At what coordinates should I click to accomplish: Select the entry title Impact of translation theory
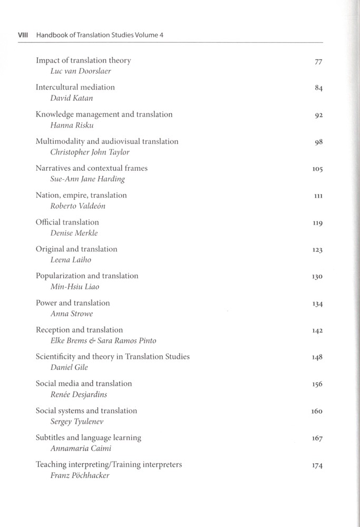(x=83, y=61)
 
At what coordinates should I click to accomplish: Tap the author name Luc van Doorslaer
(x=81, y=71)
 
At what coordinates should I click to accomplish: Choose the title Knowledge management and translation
(x=104, y=114)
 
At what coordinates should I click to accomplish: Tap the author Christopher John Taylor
(x=90, y=152)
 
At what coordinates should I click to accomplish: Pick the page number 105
(x=317, y=169)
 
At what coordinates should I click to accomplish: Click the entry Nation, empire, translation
(x=81, y=195)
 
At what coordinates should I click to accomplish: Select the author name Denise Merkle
(x=74, y=232)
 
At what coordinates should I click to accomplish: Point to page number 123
(x=317, y=250)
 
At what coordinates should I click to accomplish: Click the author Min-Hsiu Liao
(x=74, y=287)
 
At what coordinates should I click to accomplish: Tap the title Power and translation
(x=73, y=303)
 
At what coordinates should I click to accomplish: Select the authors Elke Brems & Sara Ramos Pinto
(x=103, y=340)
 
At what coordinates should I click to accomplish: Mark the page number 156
(x=317, y=385)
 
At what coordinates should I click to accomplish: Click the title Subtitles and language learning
(x=88, y=438)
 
